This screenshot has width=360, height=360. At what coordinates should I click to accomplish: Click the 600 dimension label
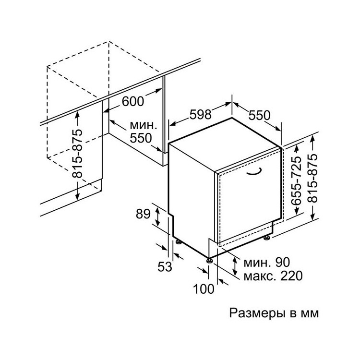[x=133, y=101]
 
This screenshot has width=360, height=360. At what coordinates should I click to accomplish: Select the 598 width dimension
[x=200, y=114]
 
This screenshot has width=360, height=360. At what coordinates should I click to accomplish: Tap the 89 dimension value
[x=143, y=214]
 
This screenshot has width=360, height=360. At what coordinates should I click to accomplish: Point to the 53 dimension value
[x=165, y=266]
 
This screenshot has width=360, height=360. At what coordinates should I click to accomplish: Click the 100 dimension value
[x=204, y=288]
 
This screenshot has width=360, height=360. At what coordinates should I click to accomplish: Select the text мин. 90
[x=266, y=262]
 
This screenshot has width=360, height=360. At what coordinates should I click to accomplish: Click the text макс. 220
[x=273, y=276]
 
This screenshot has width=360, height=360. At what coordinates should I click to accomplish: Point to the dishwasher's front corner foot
[x=209, y=260]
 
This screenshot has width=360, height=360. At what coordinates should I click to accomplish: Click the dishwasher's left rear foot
[x=178, y=242]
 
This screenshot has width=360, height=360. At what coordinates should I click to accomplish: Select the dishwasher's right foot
[x=266, y=238]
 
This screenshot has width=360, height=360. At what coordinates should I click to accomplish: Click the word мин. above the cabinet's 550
[x=144, y=126]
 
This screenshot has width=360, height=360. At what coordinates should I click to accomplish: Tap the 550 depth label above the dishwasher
[x=259, y=116]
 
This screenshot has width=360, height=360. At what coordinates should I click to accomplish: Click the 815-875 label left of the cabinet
[x=77, y=154]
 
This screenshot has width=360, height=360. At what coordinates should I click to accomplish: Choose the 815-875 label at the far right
[x=312, y=179]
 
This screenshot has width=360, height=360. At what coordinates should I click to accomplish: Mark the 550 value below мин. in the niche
[x=141, y=138]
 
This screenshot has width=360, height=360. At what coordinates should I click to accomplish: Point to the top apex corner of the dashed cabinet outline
[x=109, y=42]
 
